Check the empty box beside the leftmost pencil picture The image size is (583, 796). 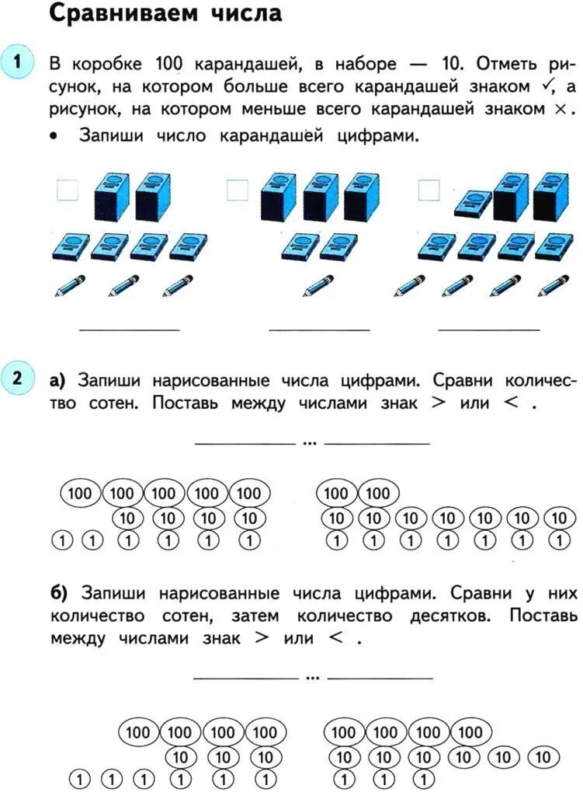(x=67, y=189)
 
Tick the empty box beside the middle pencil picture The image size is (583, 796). (x=237, y=189)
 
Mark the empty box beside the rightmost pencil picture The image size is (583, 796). (x=429, y=189)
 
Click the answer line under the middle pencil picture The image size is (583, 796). (x=319, y=330)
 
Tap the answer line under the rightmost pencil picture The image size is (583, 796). (x=488, y=330)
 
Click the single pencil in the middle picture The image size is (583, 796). (x=318, y=285)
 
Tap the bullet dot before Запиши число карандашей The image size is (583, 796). (x=53, y=136)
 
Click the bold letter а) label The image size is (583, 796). (x=57, y=382)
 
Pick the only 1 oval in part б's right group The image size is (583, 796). (x=425, y=777)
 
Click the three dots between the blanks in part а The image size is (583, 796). (x=310, y=444)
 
